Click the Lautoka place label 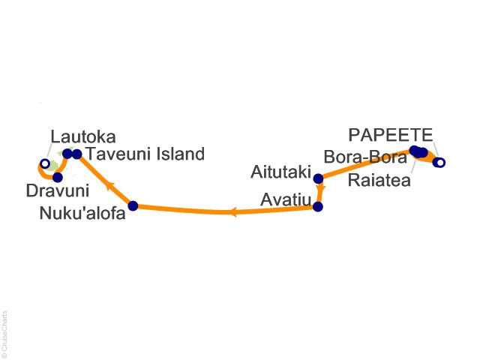pyautogui.click(x=83, y=136)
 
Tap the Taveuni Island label pyautogui.click(x=145, y=154)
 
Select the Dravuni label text pyautogui.click(x=58, y=190)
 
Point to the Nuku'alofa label pyautogui.click(x=82, y=213)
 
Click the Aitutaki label pyautogui.click(x=280, y=172)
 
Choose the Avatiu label pyautogui.click(x=286, y=200)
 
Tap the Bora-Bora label pyautogui.click(x=365, y=157)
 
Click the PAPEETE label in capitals pyautogui.click(x=391, y=135)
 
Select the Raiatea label pyautogui.click(x=379, y=180)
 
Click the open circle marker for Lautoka pyautogui.click(x=45, y=163)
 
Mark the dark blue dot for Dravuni pyautogui.click(x=58, y=177)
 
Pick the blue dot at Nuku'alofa pyautogui.click(x=133, y=205)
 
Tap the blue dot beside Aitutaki pyautogui.click(x=318, y=178)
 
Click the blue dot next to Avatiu pyautogui.click(x=318, y=207)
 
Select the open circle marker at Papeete pyautogui.click(x=440, y=163)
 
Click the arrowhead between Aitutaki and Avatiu pyautogui.click(x=320, y=189)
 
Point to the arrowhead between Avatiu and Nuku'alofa pyautogui.click(x=233, y=211)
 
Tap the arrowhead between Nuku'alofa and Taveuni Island pyautogui.click(x=110, y=186)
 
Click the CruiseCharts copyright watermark pyautogui.click(x=4, y=331)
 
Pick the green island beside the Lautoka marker pyautogui.click(x=54, y=166)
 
